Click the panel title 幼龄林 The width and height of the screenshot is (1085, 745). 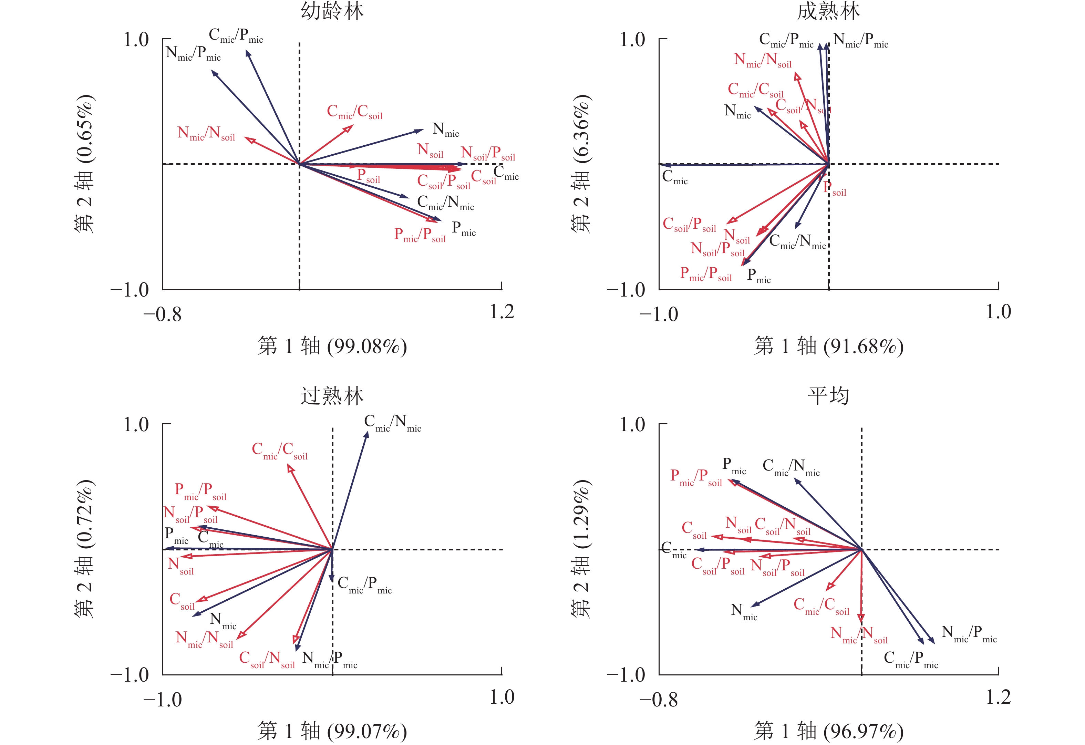[332, 11]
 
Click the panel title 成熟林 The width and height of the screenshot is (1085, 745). [828, 11]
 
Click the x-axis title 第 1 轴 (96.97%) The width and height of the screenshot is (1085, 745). [828, 731]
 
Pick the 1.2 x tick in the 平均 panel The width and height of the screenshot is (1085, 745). [998, 697]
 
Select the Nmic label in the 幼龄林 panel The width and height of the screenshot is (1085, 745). [445, 130]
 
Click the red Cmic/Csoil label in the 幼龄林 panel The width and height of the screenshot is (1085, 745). [354, 112]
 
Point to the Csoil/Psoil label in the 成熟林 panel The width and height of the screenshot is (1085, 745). [689, 225]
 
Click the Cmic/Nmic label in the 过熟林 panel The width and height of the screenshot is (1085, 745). [392, 423]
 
